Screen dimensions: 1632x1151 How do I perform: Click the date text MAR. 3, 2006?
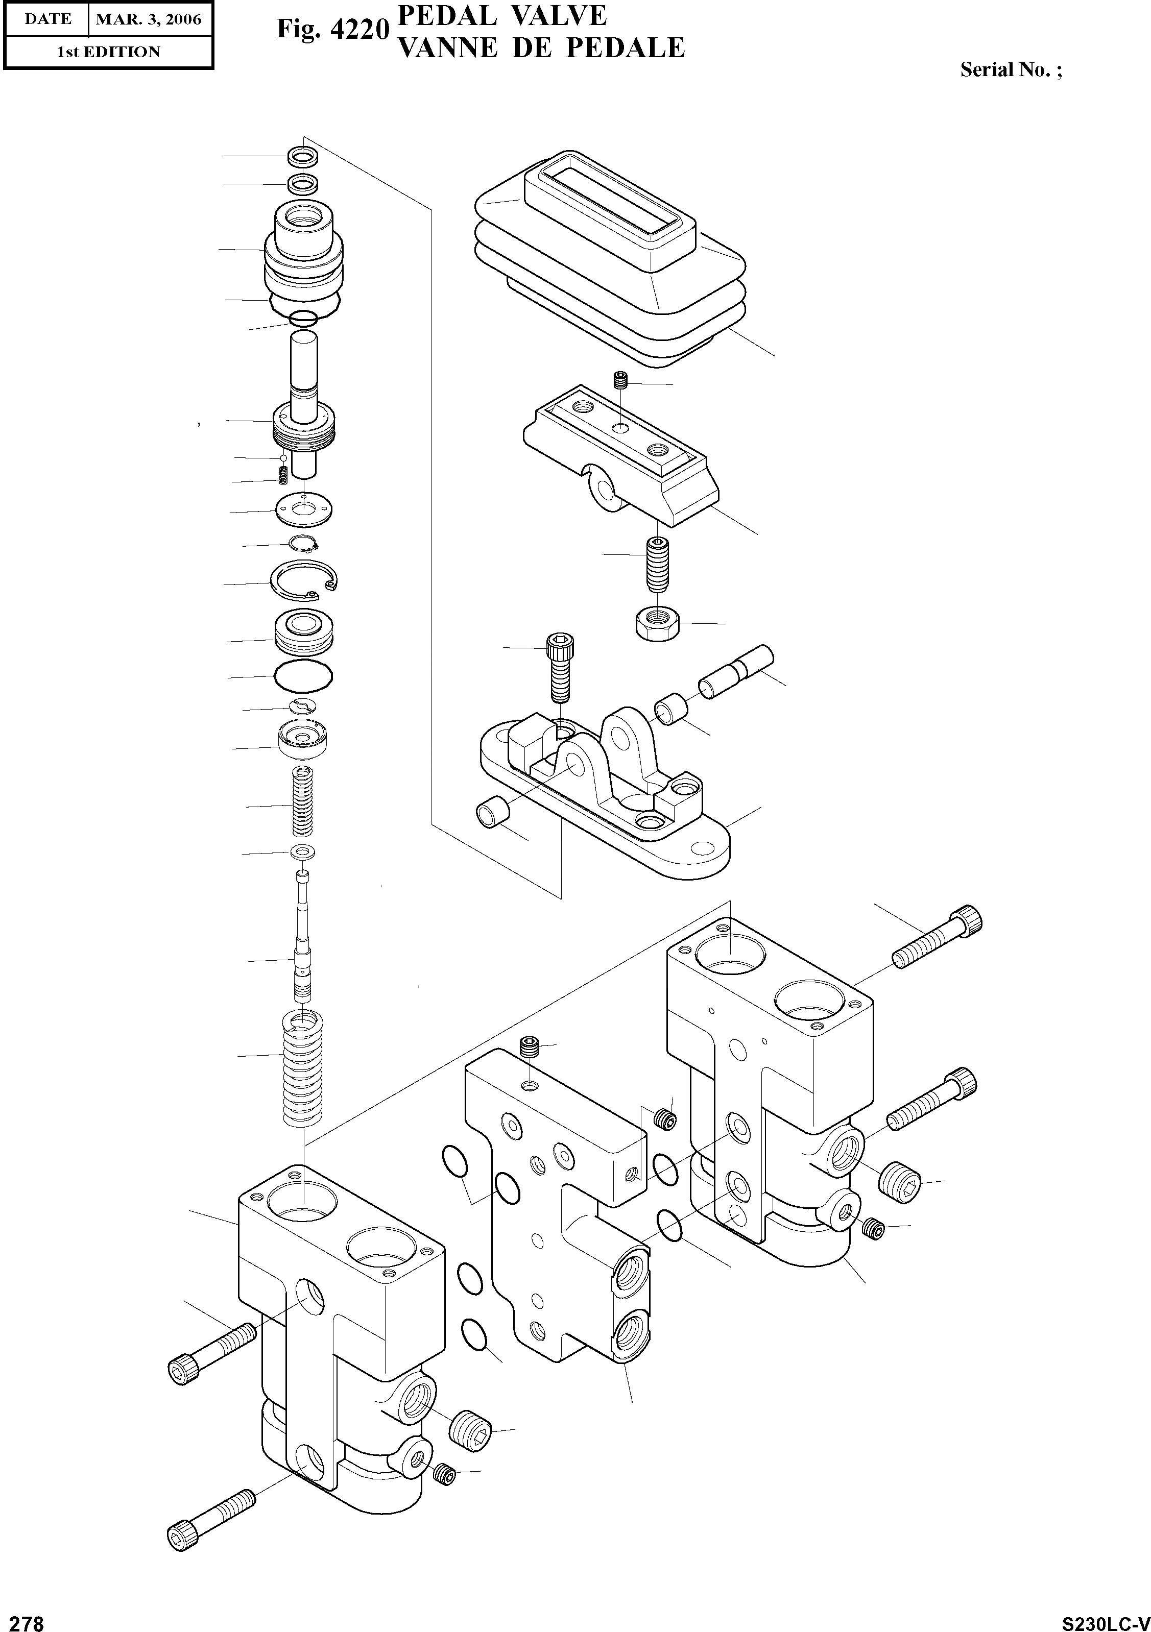tap(149, 19)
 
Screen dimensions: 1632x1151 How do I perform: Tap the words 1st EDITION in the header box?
tap(108, 52)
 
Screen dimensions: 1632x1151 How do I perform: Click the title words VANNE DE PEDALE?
tap(540, 48)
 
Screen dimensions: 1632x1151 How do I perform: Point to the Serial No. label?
tap(1010, 69)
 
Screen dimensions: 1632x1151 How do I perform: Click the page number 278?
tap(23, 1618)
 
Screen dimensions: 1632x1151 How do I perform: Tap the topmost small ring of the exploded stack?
tap(303, 156)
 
